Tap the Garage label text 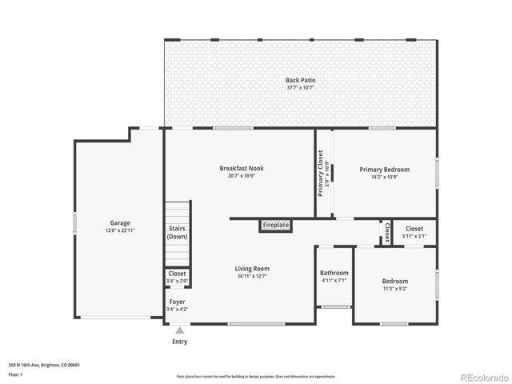click(120, 223)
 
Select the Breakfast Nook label click(241, 168)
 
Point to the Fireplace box click(275, 226)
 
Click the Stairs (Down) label click(177, 232)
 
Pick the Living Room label click(251, 268)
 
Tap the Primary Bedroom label click(384, 170)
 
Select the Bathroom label click(334, 273)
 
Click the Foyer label click(177, 302)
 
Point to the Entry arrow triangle click(180, 329)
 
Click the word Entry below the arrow click(180, 342)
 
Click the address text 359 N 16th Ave click(44, 365)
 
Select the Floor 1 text click(15, 374)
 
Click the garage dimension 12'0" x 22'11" click(120, 230)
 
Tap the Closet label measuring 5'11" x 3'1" click(414, 230)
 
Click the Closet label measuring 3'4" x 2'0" click(177, 274)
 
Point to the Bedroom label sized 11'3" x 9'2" click(394, 281)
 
